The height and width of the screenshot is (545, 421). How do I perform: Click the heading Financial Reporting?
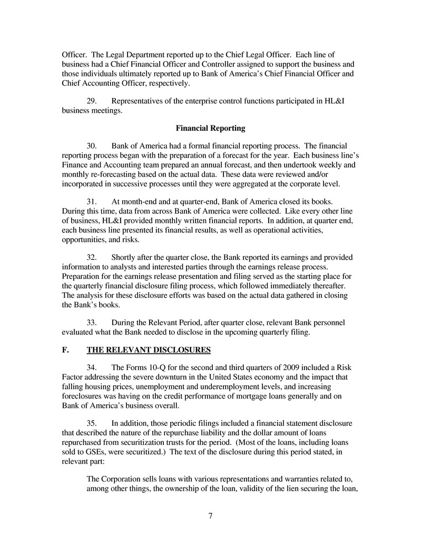210,128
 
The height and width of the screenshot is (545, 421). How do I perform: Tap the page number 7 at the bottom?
210,515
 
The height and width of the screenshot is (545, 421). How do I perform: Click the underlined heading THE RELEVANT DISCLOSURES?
149,349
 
